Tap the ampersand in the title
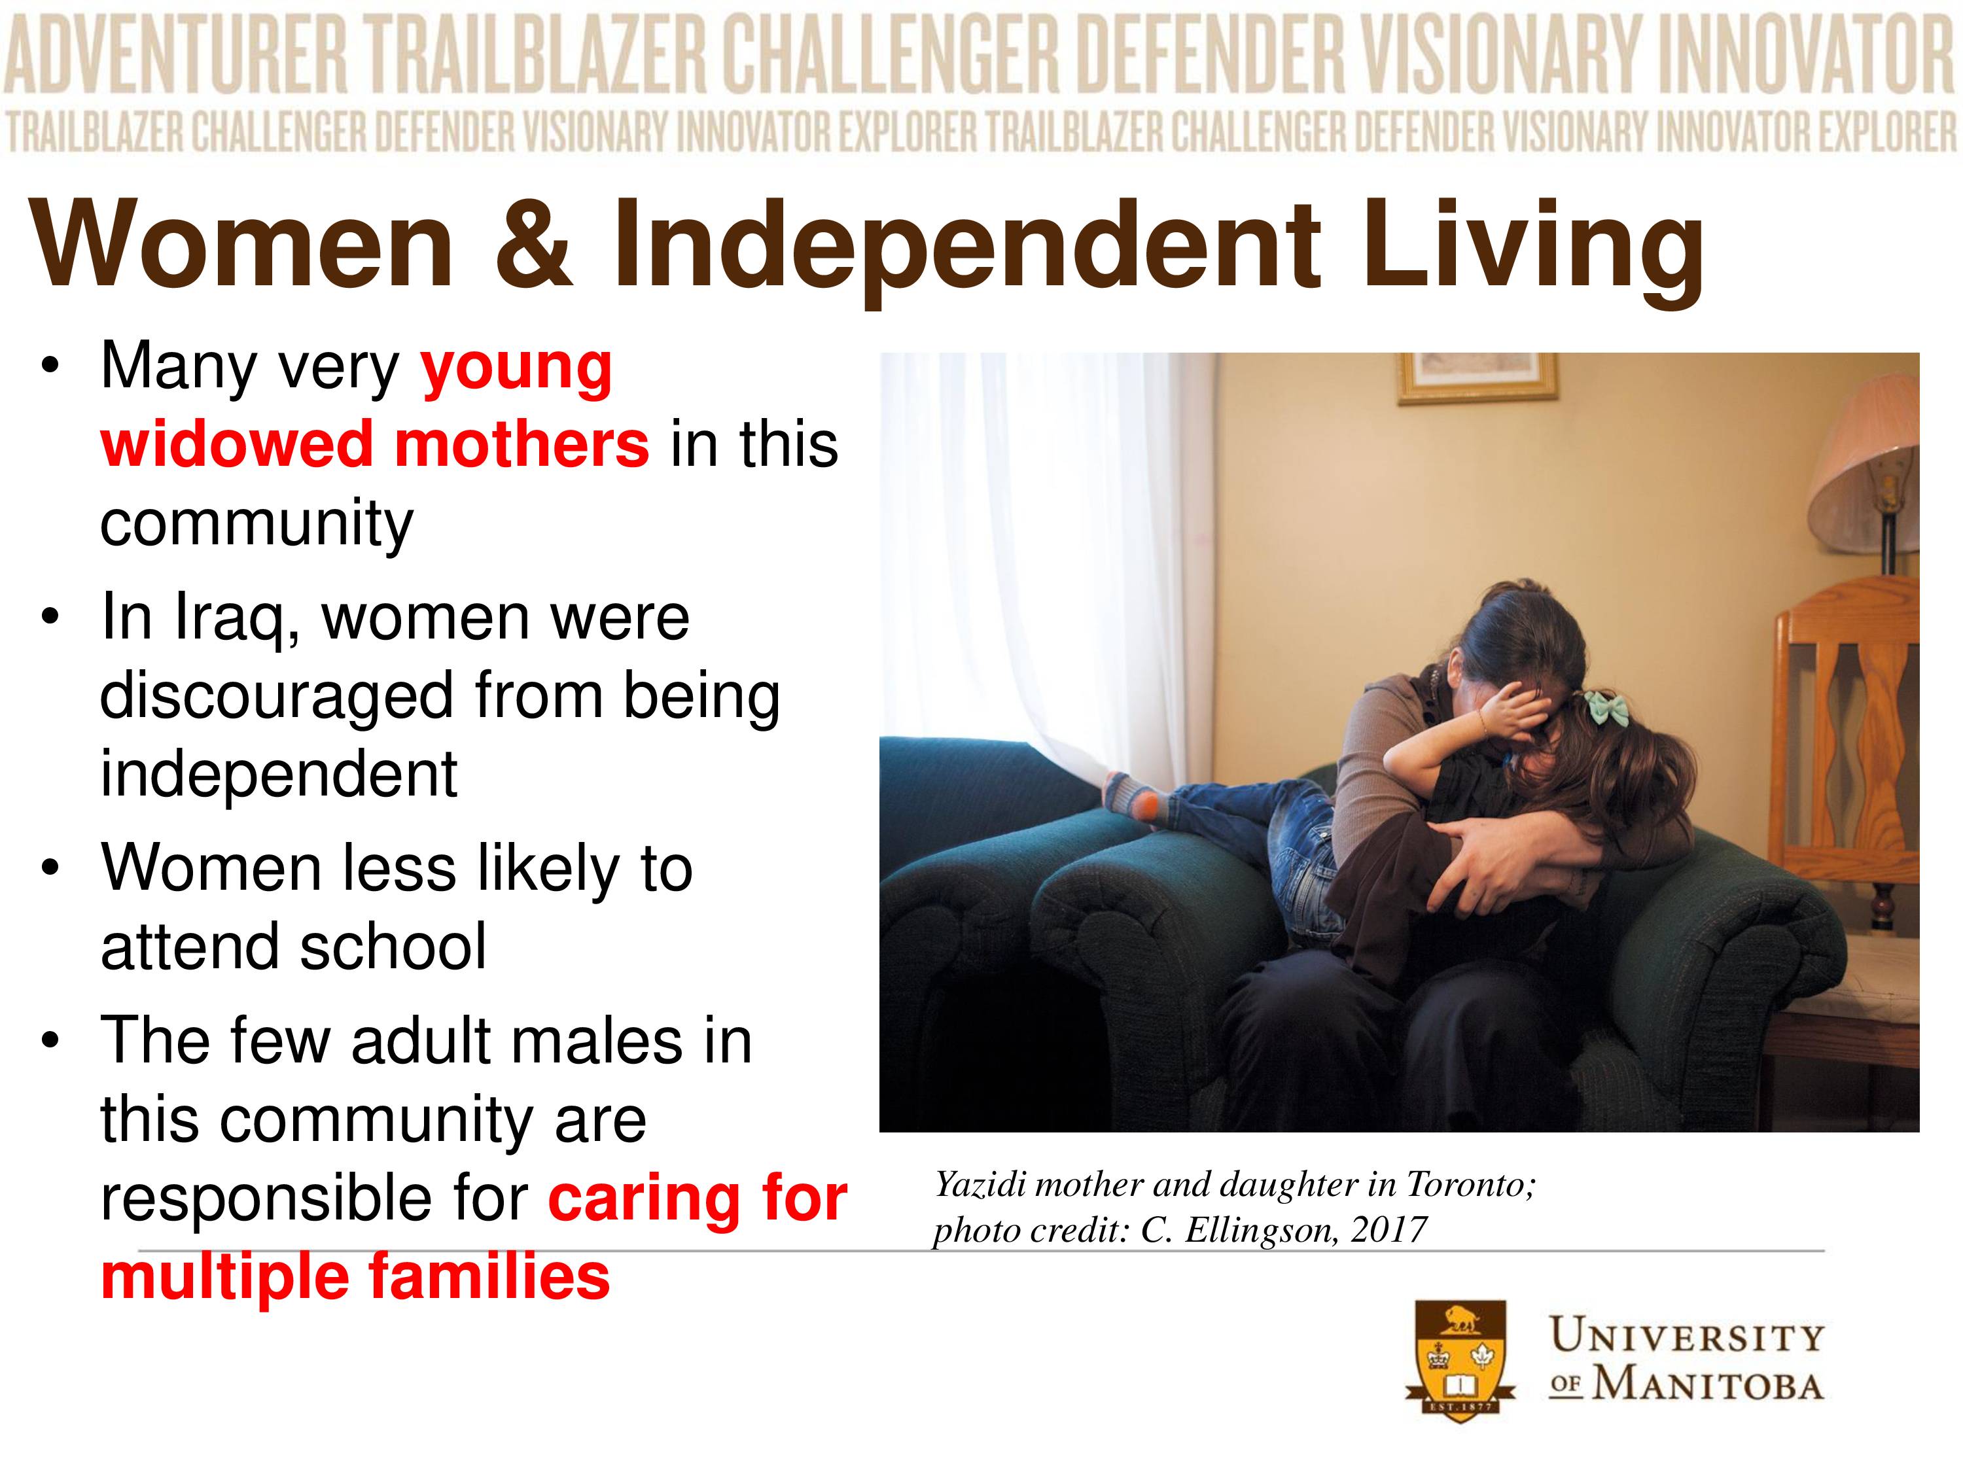tap(533, 243)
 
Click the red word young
tap(516, 370)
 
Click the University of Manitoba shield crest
tap(1460, 1360)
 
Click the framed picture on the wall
tap(1477, 377)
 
